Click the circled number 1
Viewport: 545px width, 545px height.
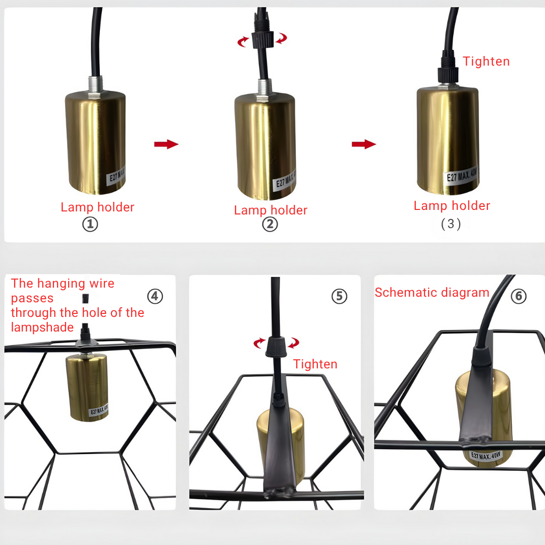pos(90,224)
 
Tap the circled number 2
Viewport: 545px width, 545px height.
pos(270,224)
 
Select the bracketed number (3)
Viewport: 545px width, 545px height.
pos(451,224)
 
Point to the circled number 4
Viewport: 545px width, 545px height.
pos(155,296)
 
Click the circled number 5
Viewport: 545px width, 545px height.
pos(339,296)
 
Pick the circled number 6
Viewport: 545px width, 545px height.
pos(519,296)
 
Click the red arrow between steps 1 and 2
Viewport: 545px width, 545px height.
pos(166,144)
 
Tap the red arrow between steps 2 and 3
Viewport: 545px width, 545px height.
pos(363,144)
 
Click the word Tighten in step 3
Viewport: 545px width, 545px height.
pos(486,62)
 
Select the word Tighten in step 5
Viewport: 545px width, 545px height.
pos(315,364)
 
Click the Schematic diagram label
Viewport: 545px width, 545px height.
pos(432,293)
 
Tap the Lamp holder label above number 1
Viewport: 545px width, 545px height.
pos(97,207)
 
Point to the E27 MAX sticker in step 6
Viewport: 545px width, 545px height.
pos(486,456)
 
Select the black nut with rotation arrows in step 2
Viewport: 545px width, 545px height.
pos(262,39)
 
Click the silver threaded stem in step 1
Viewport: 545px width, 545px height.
pos(95,85)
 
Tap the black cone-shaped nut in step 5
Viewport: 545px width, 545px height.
pos(276,347)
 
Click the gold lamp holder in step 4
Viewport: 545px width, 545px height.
pos(87,387)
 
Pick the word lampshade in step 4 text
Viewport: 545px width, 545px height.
pos(42,328)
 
